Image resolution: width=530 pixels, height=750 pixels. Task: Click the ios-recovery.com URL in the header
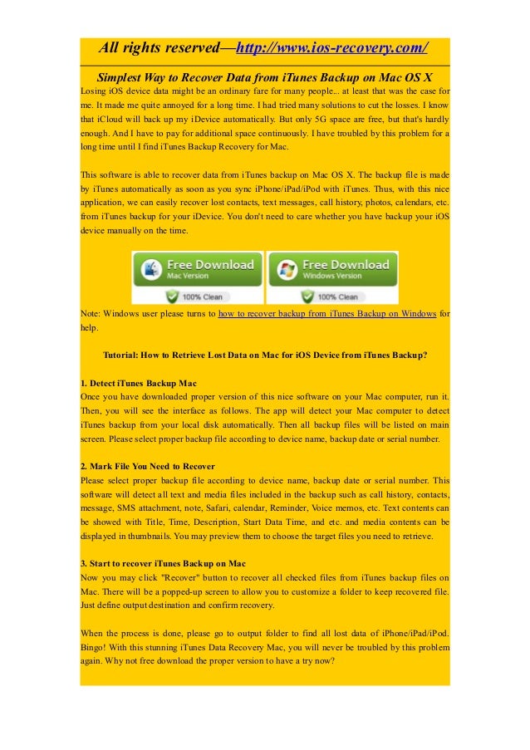coord(331,47)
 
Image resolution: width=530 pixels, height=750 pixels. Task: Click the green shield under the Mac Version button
coord(173,296)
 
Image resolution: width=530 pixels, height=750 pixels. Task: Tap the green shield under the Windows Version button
coord(307,296)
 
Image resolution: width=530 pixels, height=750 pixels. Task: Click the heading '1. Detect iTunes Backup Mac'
coord(139,383)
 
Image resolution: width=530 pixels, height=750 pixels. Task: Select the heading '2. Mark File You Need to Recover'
coord(148,466)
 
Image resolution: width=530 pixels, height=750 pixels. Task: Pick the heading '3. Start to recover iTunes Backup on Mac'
coord(163,563)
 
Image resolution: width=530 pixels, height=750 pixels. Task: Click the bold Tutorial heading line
coord(265,355)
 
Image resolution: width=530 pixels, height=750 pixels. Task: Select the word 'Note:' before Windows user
coord(91,314)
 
